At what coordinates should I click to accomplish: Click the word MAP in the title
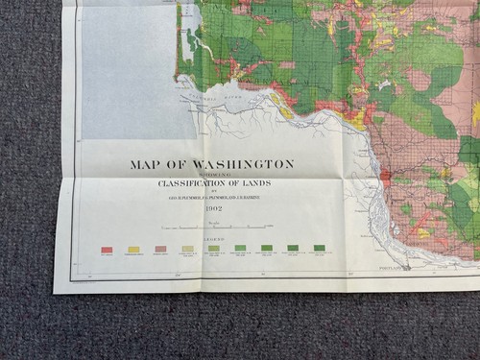(x=141, y=164)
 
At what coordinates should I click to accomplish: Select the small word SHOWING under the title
(x=212, y=175)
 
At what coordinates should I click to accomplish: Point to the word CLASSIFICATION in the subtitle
(x=185, y=183)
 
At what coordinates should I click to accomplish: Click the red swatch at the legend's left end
(x=107, y=250)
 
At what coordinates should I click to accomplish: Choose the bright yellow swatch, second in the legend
(x=133, y=250)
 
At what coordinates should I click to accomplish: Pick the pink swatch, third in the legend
(x=160, y=250)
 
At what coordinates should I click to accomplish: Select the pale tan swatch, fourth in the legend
(x=187, y=250)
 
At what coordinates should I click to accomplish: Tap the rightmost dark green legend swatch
(x=319, y=249)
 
